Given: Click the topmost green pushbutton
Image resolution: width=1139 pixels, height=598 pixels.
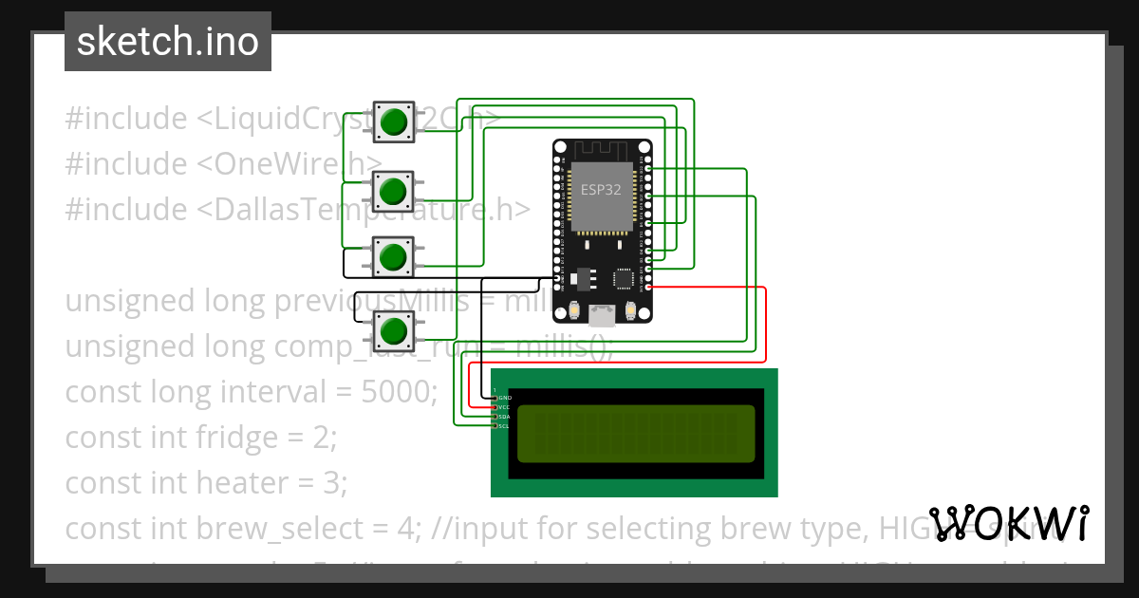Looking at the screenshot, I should point(393,122).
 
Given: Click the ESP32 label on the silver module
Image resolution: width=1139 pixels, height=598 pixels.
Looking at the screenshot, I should point(601,189).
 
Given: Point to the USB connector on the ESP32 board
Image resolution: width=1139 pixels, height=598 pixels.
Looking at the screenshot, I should point(603,312).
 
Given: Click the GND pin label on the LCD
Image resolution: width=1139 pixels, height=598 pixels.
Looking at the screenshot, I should point(505,397).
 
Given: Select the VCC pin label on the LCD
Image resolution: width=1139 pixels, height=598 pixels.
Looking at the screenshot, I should point(505,406).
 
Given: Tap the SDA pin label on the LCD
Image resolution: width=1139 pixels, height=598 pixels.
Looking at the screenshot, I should point(505,417).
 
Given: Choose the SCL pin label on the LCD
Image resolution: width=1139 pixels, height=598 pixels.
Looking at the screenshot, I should point(505,426).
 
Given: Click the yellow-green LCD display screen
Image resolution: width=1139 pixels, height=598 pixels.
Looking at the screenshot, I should point(635,434).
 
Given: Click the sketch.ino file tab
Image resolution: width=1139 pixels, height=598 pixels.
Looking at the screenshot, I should point(168,42).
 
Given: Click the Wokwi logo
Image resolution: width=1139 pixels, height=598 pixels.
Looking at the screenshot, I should point(1009,523).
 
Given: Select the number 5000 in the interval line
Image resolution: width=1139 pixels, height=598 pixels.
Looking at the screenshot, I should point(398,391).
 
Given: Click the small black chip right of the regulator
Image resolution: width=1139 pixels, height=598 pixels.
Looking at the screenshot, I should point(625,279).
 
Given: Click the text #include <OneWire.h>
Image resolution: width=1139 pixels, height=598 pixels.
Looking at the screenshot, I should point(224,163).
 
